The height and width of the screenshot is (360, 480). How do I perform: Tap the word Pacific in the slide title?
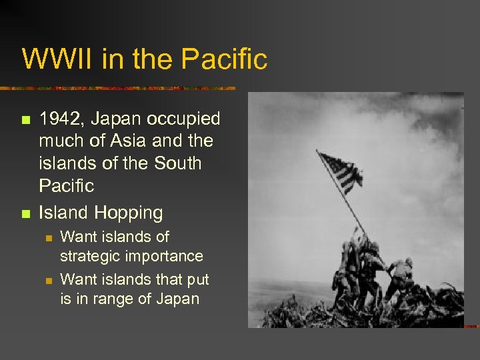224,59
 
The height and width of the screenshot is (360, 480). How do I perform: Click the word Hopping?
129,213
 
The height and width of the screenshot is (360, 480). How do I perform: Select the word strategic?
89,256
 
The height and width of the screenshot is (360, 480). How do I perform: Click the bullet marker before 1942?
26,121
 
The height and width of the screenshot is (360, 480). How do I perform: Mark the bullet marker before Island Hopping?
26,214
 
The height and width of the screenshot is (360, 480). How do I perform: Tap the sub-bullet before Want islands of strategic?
47,238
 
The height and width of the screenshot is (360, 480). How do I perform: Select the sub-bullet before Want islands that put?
47,280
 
